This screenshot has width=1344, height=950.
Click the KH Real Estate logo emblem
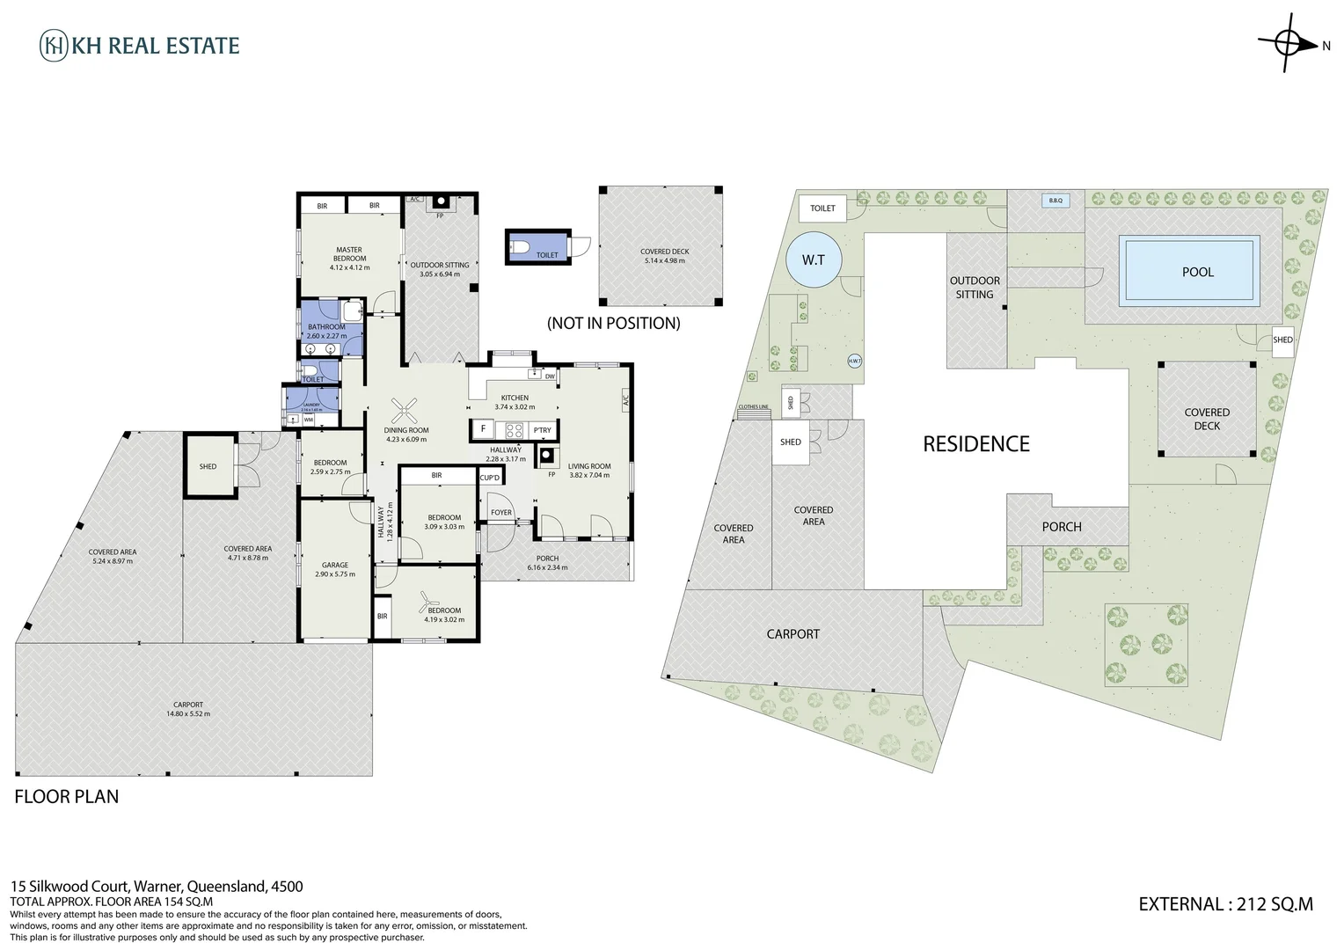[54, 46]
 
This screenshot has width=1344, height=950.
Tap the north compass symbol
[1290, 42]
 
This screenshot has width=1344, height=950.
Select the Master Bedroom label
[349, 254]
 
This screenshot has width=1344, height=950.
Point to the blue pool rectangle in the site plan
[1189, 271]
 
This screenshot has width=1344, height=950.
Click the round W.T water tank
[814, 259]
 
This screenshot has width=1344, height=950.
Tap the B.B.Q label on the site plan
[1055, 201]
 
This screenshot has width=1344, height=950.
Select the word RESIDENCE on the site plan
[975, 444]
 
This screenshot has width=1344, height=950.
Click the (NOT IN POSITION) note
[613, 323]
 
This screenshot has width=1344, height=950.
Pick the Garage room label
[334, 566]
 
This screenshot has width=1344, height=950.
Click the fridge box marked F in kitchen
[483, 430]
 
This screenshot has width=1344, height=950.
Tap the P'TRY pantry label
[543, 430]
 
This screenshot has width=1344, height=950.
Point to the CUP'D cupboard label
[490, 478]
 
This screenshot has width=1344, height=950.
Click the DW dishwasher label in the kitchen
[549, 376]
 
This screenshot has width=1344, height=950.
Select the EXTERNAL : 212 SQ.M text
[1225, 903]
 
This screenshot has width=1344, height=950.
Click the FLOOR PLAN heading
[67, 797]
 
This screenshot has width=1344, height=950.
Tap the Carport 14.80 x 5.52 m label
[188, 709]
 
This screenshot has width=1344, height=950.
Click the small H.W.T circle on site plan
[854, 361]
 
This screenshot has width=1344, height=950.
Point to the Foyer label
[501, 512]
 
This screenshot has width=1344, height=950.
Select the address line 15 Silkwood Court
[157, 887]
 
